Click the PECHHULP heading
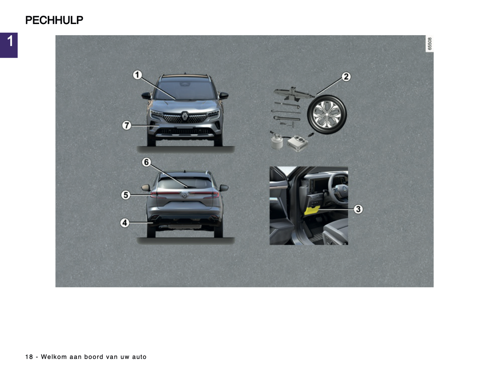[54, 20]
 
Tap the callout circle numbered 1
[137, 75]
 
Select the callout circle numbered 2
[346, 77]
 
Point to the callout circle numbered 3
[358, 209]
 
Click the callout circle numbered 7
[127, 125]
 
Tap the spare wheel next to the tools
[327, 114]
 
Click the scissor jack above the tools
[293, 93]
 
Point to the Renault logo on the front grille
[185, 116]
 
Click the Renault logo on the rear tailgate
[185, 195]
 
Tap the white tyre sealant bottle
[277, 141]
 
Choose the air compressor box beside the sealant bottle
[298, 143]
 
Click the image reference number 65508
[429, 44]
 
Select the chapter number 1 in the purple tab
[10, 41]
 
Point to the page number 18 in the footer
[29, 357]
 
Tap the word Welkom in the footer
[54, 357]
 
